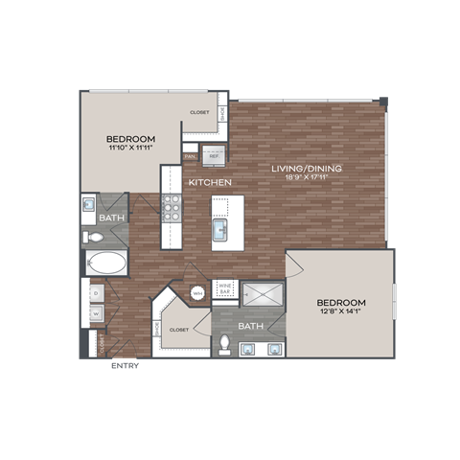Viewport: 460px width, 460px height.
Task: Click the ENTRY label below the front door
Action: pyautogui.click(x=124, y=365)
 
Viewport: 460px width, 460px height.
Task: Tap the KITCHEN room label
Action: pyautogui.click(x=206, y=182)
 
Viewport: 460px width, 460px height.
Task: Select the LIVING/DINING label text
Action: pyautogui.click(x=307, y=170)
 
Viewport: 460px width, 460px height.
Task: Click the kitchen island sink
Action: pyautogui.click(x=220, y=231)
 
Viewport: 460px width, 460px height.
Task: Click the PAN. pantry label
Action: pyautogui.click(x=191, y=154)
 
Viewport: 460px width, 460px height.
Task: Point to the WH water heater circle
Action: pyautogui.click(x=197, y=292)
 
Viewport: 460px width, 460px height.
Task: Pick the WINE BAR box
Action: pyautogui.click(x=225, y=287)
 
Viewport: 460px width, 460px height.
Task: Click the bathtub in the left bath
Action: pyautogui.click(x=104, y=264)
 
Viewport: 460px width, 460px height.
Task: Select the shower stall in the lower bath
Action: pyautogui.click(x=260, y=294)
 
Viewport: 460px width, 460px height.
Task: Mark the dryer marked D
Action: pyautogui.click(x=97, y=291)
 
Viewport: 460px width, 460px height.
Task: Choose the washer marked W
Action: pyautogui.click(x=97, y=311)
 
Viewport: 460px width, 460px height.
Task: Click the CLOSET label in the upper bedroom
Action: pyautogui.click(x=199, y=112)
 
